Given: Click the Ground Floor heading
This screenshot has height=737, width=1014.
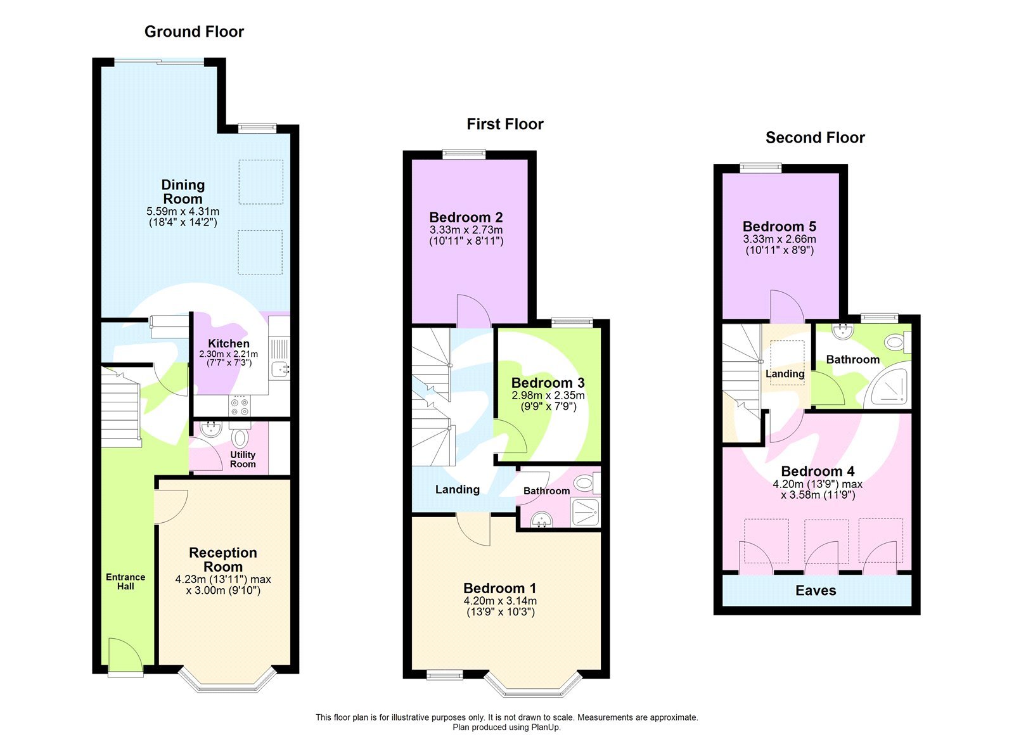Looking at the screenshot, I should point(194,32).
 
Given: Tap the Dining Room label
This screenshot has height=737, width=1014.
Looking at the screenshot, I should point(183,191).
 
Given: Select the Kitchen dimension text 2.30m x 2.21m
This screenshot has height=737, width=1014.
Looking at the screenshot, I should point(228,354).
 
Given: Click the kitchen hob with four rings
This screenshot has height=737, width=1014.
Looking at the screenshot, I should point(240,406).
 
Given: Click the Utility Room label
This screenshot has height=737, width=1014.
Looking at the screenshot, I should point(243,459).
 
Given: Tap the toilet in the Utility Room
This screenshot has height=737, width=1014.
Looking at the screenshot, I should point(240,438).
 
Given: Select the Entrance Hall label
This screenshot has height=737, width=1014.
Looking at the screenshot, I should point(125,581).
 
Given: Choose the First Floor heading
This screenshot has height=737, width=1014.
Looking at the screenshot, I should point(505,124).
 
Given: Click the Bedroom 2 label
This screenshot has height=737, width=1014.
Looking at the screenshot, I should point(466,217).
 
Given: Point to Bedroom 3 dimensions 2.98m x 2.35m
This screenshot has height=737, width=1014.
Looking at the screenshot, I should point(548,395).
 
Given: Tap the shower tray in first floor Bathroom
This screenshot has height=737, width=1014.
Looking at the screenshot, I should point(584,512).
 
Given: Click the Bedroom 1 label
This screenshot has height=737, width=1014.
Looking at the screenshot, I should point(499,588).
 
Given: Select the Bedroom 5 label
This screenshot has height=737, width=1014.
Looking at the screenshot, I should point(780,226).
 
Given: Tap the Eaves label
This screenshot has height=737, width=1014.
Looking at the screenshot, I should point(816,591).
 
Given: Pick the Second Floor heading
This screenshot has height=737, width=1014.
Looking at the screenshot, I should point(815,138).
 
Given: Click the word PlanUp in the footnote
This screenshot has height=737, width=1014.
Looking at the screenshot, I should point(546,727).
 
